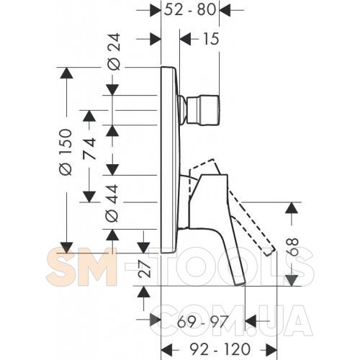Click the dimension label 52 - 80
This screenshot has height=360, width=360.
190,10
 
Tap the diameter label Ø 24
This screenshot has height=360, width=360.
114,52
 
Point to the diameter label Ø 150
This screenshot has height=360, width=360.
66,152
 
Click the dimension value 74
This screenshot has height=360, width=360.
89,149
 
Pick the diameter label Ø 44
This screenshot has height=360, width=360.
112,203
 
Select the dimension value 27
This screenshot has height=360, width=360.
145,269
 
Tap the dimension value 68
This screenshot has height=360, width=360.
292,247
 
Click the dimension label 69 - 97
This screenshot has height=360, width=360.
202,322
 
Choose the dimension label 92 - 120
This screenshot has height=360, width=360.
220,349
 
